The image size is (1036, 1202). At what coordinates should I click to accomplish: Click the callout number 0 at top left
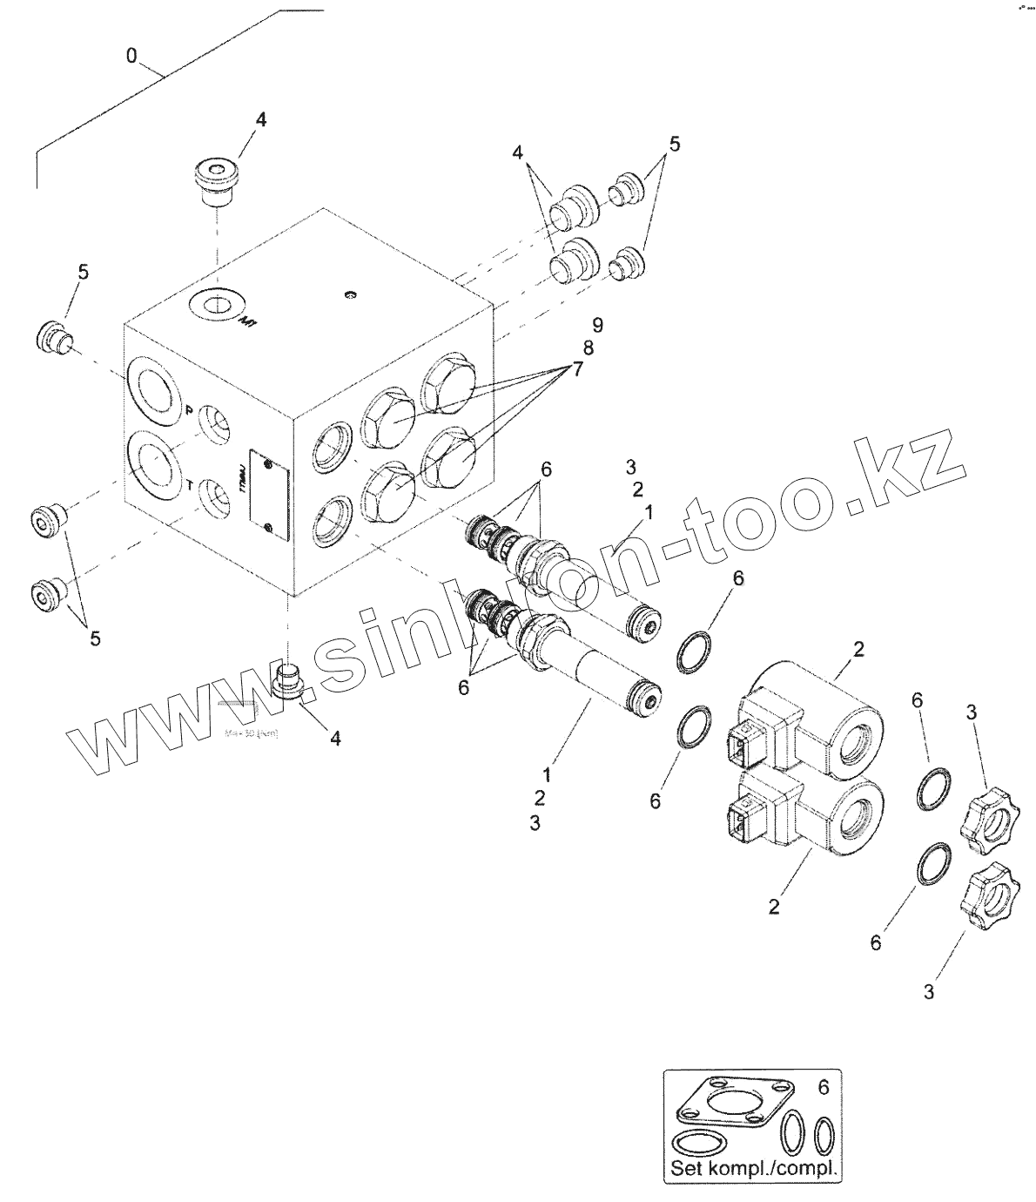pyautogui.click(x=131, y=57)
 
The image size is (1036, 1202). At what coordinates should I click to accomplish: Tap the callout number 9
pyautogui.click(x=597, y=325)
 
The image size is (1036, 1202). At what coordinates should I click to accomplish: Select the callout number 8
pyautogui.click(x=588, y=348)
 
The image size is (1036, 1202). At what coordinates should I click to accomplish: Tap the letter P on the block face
pyautogui.click(x=188, y=410)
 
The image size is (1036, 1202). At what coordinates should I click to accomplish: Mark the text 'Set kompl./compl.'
pyautogui.click(x=752, y=1167)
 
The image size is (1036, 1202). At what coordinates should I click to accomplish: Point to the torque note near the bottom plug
pyautogui.click(x=251, y=733)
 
